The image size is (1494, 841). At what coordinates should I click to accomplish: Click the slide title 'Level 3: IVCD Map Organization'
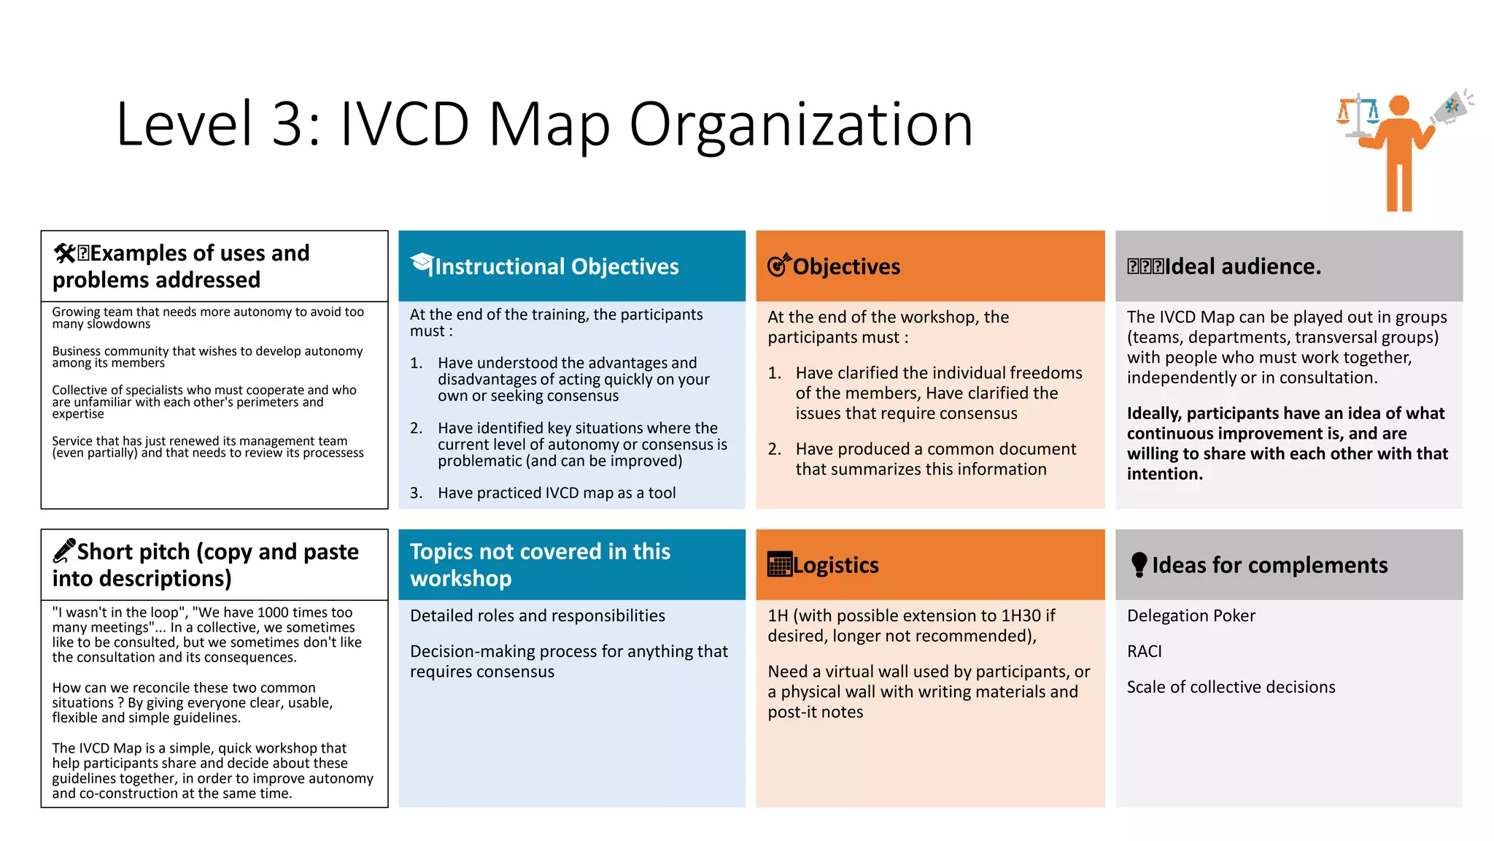point(544,124)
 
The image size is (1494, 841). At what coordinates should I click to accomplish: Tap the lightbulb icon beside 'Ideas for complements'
point(1139,564)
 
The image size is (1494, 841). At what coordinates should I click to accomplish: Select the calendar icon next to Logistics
point(779,564)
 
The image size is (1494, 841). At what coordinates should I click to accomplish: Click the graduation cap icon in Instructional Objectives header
point(422,263)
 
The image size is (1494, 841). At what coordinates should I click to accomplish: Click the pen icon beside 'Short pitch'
point(64,550)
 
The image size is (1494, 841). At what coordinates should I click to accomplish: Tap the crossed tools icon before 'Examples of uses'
point(64,253)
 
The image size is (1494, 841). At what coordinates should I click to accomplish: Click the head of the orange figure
point(1398,105)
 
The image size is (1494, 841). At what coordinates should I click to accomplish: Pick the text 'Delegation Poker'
point(1191,615)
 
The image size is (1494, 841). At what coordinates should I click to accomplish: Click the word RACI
point(1144,651)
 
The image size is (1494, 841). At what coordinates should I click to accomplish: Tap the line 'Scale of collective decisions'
point(1231,687)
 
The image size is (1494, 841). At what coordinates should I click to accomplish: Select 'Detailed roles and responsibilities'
point(537,615)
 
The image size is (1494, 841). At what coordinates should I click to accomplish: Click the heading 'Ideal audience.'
point(1242,266)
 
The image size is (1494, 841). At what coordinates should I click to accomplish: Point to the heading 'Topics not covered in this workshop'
point(540,564)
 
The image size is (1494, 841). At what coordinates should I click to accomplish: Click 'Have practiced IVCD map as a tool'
point(557,493)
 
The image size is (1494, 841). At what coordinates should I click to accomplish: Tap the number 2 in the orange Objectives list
point(774,449)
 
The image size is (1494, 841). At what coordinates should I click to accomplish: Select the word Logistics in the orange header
point(836,565)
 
